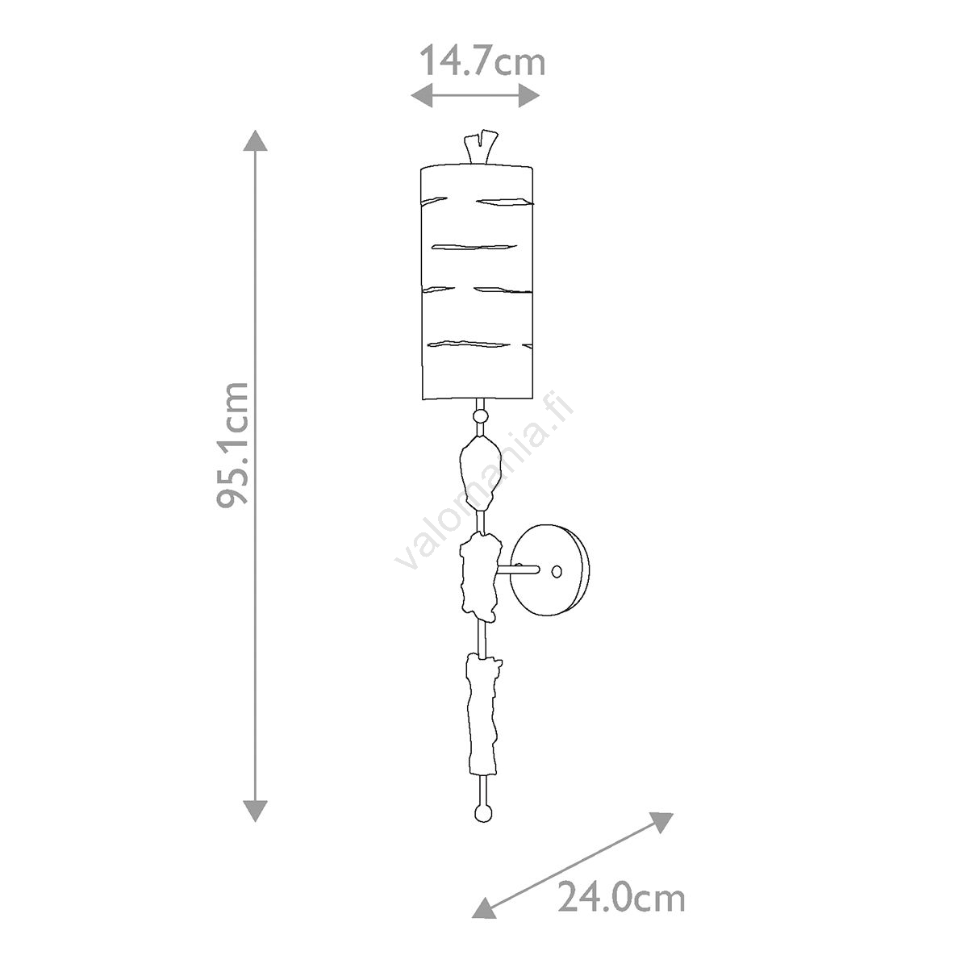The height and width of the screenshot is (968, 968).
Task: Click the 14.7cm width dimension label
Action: pyautogui.click(x=482, y=60)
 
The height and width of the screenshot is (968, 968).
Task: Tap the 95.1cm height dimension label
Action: pyautogui.click(x=233, y=444)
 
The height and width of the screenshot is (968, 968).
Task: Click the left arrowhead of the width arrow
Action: pyautogui.click(x=421, y=95)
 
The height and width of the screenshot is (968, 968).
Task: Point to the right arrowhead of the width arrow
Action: pyautogui.click(x=529, y=95)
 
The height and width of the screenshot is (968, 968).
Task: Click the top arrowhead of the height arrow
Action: pyautogui.click(x=255, y=140)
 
